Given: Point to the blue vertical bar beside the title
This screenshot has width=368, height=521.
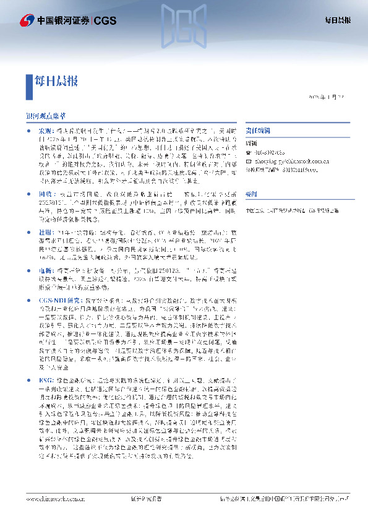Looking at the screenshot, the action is [28, 80].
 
